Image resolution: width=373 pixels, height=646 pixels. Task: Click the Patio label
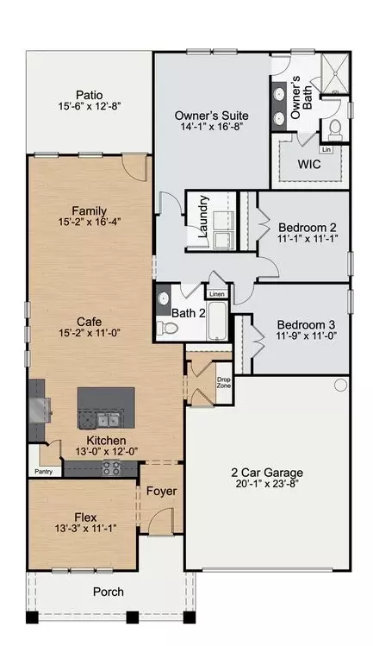tap(90, 96)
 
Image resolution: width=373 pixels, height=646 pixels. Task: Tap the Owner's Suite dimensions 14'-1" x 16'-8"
tap(212, 127)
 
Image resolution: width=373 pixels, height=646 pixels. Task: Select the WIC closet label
tap(309, 165)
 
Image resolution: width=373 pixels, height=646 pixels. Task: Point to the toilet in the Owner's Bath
tap(335, 129)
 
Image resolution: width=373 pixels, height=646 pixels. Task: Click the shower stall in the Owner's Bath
tap(335, 74)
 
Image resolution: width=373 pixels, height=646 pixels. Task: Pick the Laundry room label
tap(203, 216)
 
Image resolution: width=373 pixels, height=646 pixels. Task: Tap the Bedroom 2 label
tap(308, 228)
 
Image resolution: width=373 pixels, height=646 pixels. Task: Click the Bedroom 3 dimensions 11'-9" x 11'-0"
tap(307, 336)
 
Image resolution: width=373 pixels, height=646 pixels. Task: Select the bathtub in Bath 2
tap(217, 321)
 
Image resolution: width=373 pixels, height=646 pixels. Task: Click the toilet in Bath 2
tap(167, 328)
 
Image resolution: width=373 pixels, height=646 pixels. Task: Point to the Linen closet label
tap(217, 294)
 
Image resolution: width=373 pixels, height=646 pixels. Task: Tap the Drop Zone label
tap(224, 383)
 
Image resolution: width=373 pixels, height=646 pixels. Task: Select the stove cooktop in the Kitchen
tap(111, 467)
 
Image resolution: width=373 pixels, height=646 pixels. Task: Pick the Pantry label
tap(44, 472)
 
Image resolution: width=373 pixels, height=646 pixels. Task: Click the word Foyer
tap(161, 491)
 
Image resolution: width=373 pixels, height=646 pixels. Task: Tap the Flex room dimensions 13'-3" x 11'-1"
tap(85, 528)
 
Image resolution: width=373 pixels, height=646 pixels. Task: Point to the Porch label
tap(109, 592)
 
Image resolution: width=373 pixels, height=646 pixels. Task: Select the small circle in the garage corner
tap(340, 386)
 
